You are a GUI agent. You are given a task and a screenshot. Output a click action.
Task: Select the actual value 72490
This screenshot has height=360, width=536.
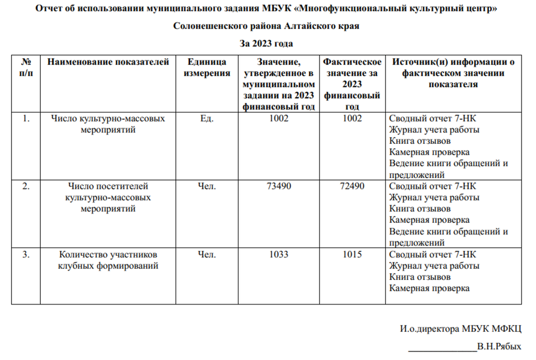coord(352,186)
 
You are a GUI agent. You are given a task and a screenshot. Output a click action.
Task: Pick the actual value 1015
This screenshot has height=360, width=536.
coord(352,255)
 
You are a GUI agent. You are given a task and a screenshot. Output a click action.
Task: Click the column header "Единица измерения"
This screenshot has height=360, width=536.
coord(206,67)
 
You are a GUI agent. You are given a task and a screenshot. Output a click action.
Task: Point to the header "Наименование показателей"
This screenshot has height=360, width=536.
coord(108,62)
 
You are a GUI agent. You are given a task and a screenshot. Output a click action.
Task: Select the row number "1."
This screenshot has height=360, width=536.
coord(26,118)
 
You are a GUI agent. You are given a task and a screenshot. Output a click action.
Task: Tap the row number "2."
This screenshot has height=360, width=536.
coord(26,186)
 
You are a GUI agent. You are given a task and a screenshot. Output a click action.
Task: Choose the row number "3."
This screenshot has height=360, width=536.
coord(26,255)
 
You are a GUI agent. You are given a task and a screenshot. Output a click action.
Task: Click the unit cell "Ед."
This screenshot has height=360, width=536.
coord(207,118)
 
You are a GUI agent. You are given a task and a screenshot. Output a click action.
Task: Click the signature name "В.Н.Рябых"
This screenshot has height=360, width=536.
coord(499,346)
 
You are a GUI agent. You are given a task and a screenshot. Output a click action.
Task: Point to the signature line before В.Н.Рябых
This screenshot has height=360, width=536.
coord(442,348)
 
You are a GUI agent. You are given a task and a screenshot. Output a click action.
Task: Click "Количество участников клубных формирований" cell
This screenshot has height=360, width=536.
coord(108,260)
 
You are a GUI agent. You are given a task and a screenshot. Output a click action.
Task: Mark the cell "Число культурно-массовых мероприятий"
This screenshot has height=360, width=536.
coord(108,124)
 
